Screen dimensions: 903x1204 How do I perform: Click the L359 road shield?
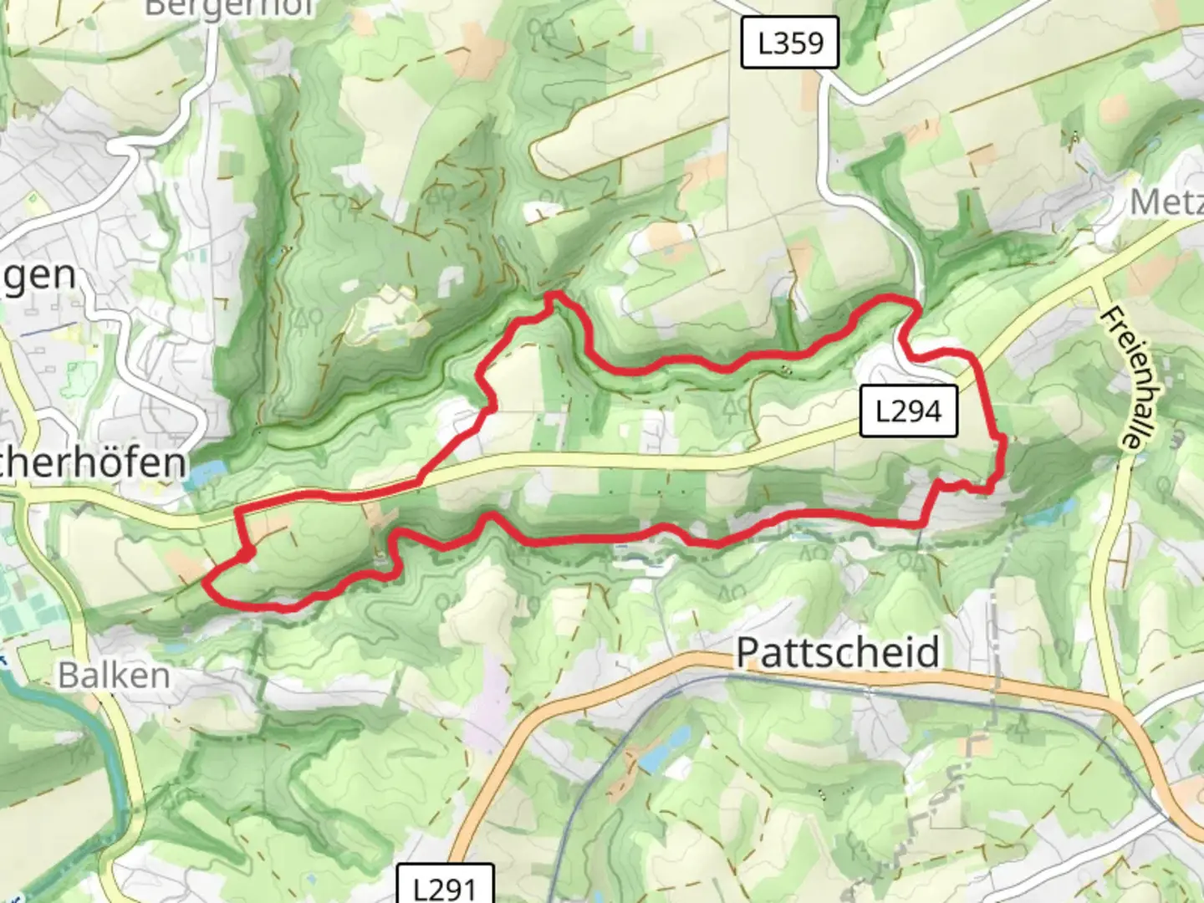pyautogui.click(x=789, y=43)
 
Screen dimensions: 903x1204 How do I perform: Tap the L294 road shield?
pyautogui.click(x=908, y=411)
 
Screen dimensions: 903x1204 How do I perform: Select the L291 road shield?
pyautogui.click(x=444, y=885)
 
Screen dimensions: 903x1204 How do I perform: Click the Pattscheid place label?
pyautogui.click(x=838, y=652)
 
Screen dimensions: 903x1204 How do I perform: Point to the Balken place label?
pyautogui.click(x=114, y=675)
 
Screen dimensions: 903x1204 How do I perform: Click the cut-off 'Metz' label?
pyautogui.click(x=1166, y=202)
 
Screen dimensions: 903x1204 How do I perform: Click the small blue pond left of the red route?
pyautogui.click(x=200, y=475)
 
